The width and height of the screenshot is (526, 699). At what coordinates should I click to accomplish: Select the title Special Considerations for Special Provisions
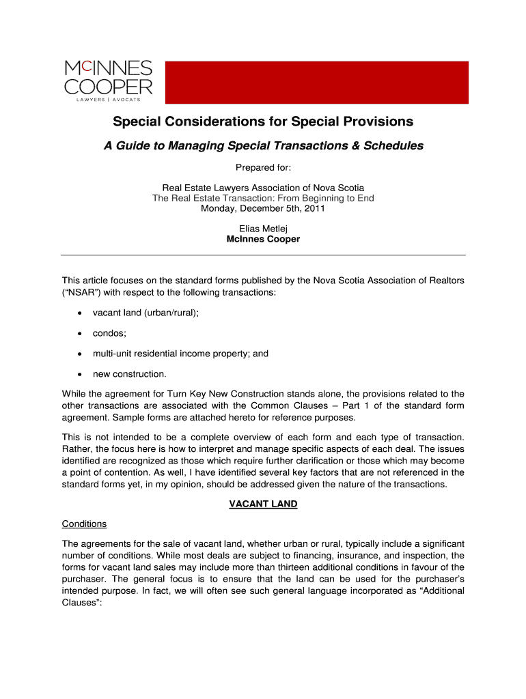point(263,122)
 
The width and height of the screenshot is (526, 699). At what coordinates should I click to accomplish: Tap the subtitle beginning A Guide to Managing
point(263,145)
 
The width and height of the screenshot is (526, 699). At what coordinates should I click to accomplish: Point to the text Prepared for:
point(263,167)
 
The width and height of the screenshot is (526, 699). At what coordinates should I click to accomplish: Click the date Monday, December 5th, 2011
point(263,209)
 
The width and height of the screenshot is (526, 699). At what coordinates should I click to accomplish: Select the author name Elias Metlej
point(263,229)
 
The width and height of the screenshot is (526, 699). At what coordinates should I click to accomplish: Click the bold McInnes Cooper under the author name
point(263,240)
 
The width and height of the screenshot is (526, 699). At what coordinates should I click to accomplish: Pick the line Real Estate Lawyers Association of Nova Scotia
point(263,188)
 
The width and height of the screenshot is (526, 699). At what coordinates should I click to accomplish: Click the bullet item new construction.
point(130,374)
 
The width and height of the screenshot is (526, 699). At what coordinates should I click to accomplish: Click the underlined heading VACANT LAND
point(263,504)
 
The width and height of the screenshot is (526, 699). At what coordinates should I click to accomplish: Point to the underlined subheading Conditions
point(84,524)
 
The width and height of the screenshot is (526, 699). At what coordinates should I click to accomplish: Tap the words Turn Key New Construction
point(219,394)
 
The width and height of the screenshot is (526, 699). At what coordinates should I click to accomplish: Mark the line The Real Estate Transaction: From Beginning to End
point(263,198)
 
